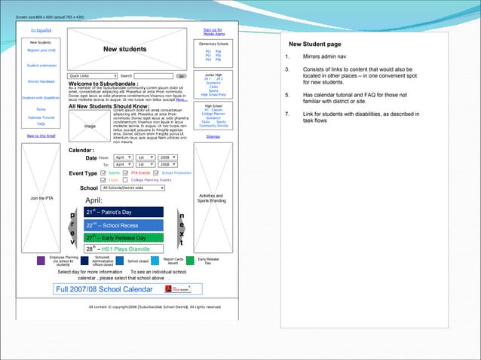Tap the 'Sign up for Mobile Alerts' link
click(213, 32)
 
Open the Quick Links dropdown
click(93, 76)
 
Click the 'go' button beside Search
click(181, 76)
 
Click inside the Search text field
click(154, 76)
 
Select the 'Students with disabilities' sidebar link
click(41, 98)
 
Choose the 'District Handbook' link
click(41, 81)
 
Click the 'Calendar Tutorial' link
click(41, 118)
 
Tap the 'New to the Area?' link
click(41, 136)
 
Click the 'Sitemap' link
click(213, 136)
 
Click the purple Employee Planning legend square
click(41, 261)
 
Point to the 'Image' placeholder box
click(89, 127)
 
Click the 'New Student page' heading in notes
click(314, 44)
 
